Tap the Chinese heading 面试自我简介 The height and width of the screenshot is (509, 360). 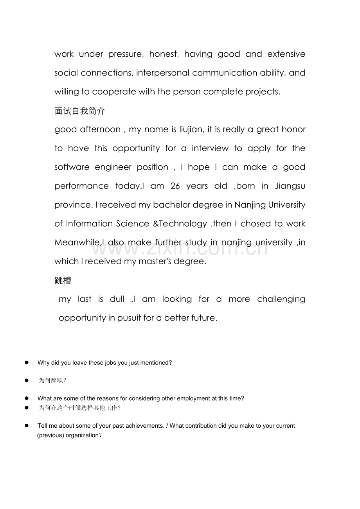pyautogui.click(x=80, y=111)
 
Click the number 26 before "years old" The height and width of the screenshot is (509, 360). pyautogui.click(x=175, y=186)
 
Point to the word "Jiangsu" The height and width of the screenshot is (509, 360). pyautogui.click(x=290, y=186)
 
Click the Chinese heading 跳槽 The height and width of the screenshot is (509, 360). pyautogui.click(x=63, y=281)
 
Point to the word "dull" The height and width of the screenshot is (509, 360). pyautogui.click(x=117, y=299)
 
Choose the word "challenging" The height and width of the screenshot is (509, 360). pyautogui.click(x=281, y=299)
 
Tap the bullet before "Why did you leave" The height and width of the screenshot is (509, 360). pyautogui.click(x=27, y=362)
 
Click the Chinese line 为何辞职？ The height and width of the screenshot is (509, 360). pyautogui.click(x=52, y=380)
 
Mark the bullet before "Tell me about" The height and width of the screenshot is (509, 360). pyautogui.click(x=27, y=425)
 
